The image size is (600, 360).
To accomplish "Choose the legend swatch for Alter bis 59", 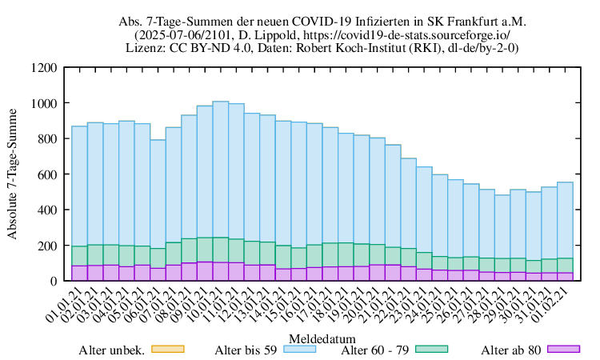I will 298,349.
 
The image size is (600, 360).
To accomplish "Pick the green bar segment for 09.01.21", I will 205,250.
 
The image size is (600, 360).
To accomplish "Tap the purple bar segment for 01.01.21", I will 79,273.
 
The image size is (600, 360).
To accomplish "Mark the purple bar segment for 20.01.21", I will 377,272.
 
